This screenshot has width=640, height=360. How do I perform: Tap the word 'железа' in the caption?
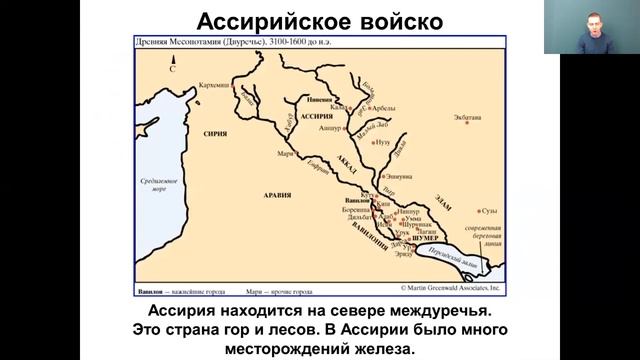tap(382, 348)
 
